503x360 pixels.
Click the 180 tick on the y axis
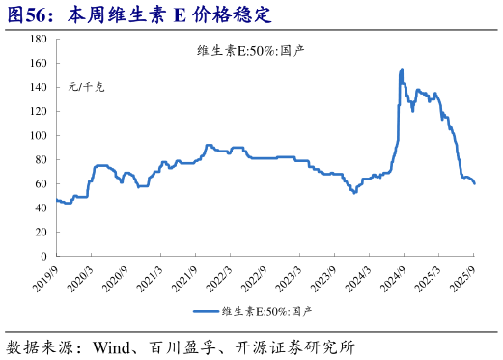38,39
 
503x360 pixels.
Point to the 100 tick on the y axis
38,135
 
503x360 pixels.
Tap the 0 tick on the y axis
42,256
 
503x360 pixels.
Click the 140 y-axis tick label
38,87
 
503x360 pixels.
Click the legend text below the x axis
267,312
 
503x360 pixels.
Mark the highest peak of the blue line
402,69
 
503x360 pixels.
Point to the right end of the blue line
474,183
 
